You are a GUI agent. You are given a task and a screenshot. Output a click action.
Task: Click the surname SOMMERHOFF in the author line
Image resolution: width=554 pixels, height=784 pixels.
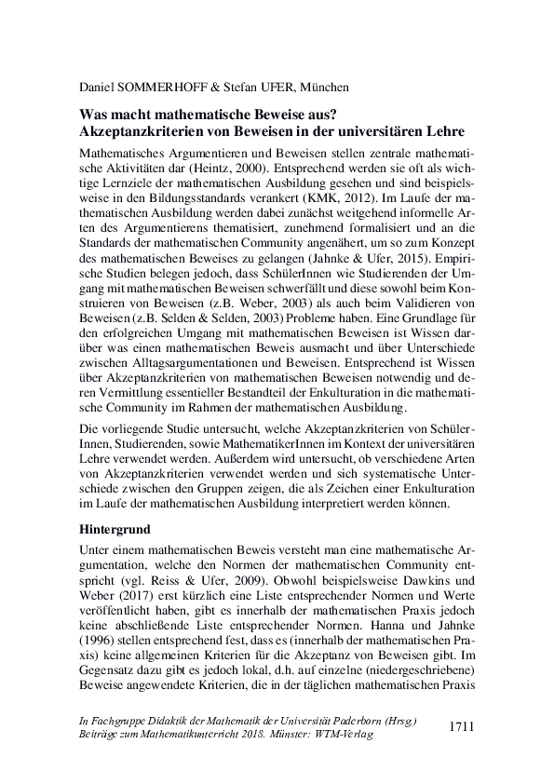[x=169, y=88]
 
